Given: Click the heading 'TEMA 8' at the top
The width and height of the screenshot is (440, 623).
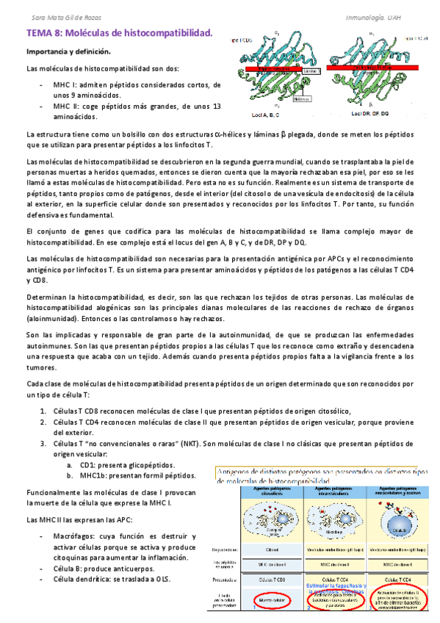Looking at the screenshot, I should click(x=46, y=33).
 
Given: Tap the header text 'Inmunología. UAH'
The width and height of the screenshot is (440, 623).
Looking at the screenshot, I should click(x=394, y=17).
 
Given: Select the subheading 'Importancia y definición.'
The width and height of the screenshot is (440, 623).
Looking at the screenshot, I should click(x=68, y=53).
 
